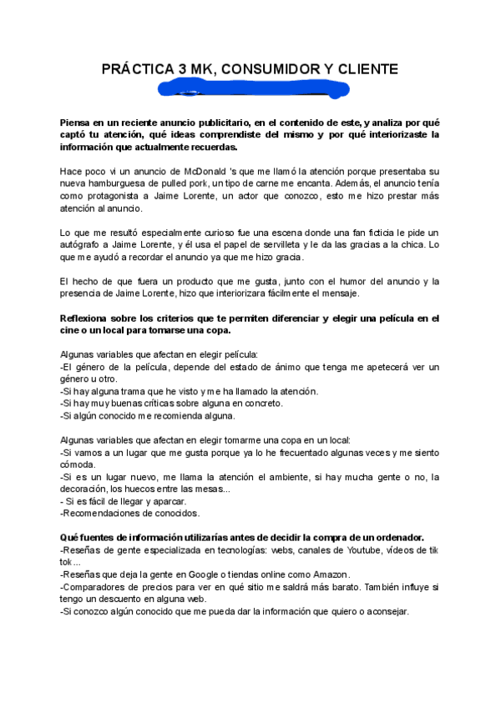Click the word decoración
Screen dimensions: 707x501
(x=86, y=489)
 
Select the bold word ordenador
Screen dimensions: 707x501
(x=395, y=537)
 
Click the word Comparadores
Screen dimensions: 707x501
(x=94, y=587)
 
